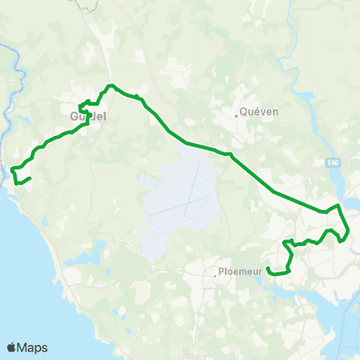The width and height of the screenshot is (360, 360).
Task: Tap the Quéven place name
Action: pos(259,112)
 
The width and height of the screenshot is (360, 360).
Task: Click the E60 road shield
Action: pos(334,162)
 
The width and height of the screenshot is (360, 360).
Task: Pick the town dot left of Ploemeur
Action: pos(214,276)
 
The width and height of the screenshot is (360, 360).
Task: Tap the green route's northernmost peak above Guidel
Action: pos(110,85)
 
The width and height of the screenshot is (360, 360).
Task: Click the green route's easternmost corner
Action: pos(349,232)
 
